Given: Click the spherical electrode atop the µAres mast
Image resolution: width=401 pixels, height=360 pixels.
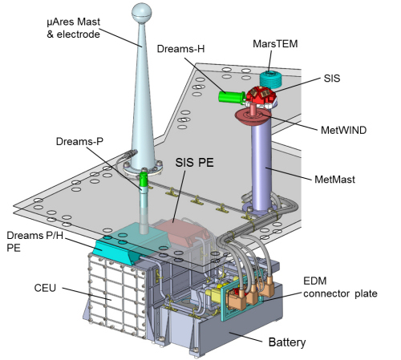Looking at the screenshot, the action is pos(142,13).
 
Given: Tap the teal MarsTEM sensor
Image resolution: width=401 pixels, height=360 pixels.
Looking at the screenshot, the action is pos(270,79).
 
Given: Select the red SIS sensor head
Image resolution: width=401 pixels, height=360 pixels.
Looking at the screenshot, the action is pos(261,96).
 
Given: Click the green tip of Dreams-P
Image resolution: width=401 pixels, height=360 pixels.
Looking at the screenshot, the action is pos(144,180).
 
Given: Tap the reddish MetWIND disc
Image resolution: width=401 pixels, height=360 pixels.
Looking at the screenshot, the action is pos(253,115).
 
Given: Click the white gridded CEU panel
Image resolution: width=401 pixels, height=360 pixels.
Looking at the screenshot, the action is pos(115,295).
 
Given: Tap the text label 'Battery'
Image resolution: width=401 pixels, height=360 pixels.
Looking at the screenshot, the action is pos(287,342).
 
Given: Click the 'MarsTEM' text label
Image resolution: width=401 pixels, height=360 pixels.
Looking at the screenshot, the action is pos(275,44).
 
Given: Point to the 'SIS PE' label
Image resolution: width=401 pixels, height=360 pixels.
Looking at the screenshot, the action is pos(194,163).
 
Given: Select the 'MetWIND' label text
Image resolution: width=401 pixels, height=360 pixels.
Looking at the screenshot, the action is pos(343,130).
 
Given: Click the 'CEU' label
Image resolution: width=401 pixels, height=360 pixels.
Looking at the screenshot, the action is pos(45,288).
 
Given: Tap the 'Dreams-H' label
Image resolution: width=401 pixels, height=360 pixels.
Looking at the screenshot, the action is pos(180,49).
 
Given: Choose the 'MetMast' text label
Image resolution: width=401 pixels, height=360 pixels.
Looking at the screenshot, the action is pos(334,180).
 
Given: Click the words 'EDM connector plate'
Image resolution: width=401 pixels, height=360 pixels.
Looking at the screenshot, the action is pos(340,287).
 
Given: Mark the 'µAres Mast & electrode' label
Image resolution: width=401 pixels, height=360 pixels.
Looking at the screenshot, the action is pos(73,28).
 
